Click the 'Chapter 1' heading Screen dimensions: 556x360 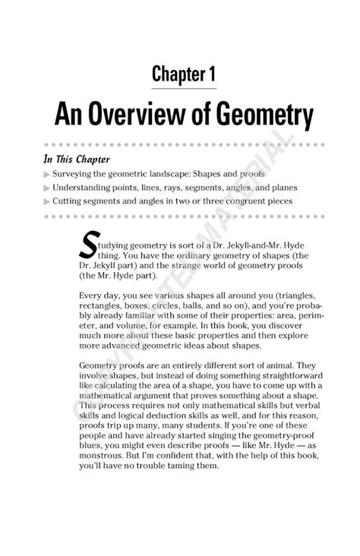185,73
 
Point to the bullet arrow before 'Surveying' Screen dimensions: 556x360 47,174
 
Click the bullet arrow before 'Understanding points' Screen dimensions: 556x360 47,188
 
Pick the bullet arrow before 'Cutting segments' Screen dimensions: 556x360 47,201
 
